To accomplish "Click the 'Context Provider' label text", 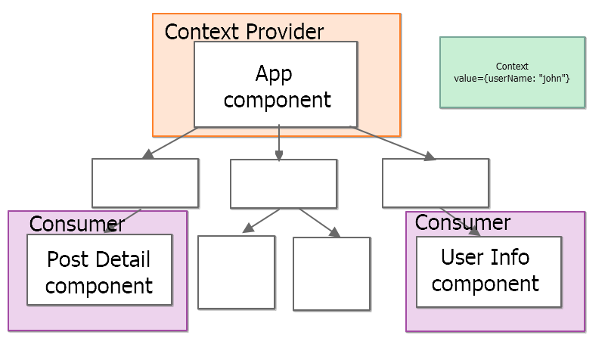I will (x=244, y=32).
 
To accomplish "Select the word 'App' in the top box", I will (x=273, y=73).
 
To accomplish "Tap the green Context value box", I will (x=512, y=73).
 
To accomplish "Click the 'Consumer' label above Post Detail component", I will (x=76, y=224).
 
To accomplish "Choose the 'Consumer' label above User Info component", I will (x=462, y=222).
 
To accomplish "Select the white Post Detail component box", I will (x=99, y=270).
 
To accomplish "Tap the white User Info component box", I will (x=489, y=272).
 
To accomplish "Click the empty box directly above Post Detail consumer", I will (x=144, y=182).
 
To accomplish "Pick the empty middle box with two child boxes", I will (x=283, y=183).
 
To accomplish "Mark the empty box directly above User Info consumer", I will (x=435, y=182).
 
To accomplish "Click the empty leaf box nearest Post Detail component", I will (x=236, y=272).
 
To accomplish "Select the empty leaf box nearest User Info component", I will (x=331, y=274).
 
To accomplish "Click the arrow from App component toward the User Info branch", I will (x=393, y=144).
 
